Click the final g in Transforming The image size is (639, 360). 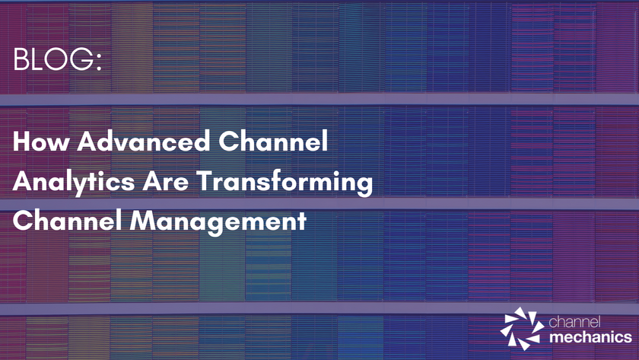point(363,186)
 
